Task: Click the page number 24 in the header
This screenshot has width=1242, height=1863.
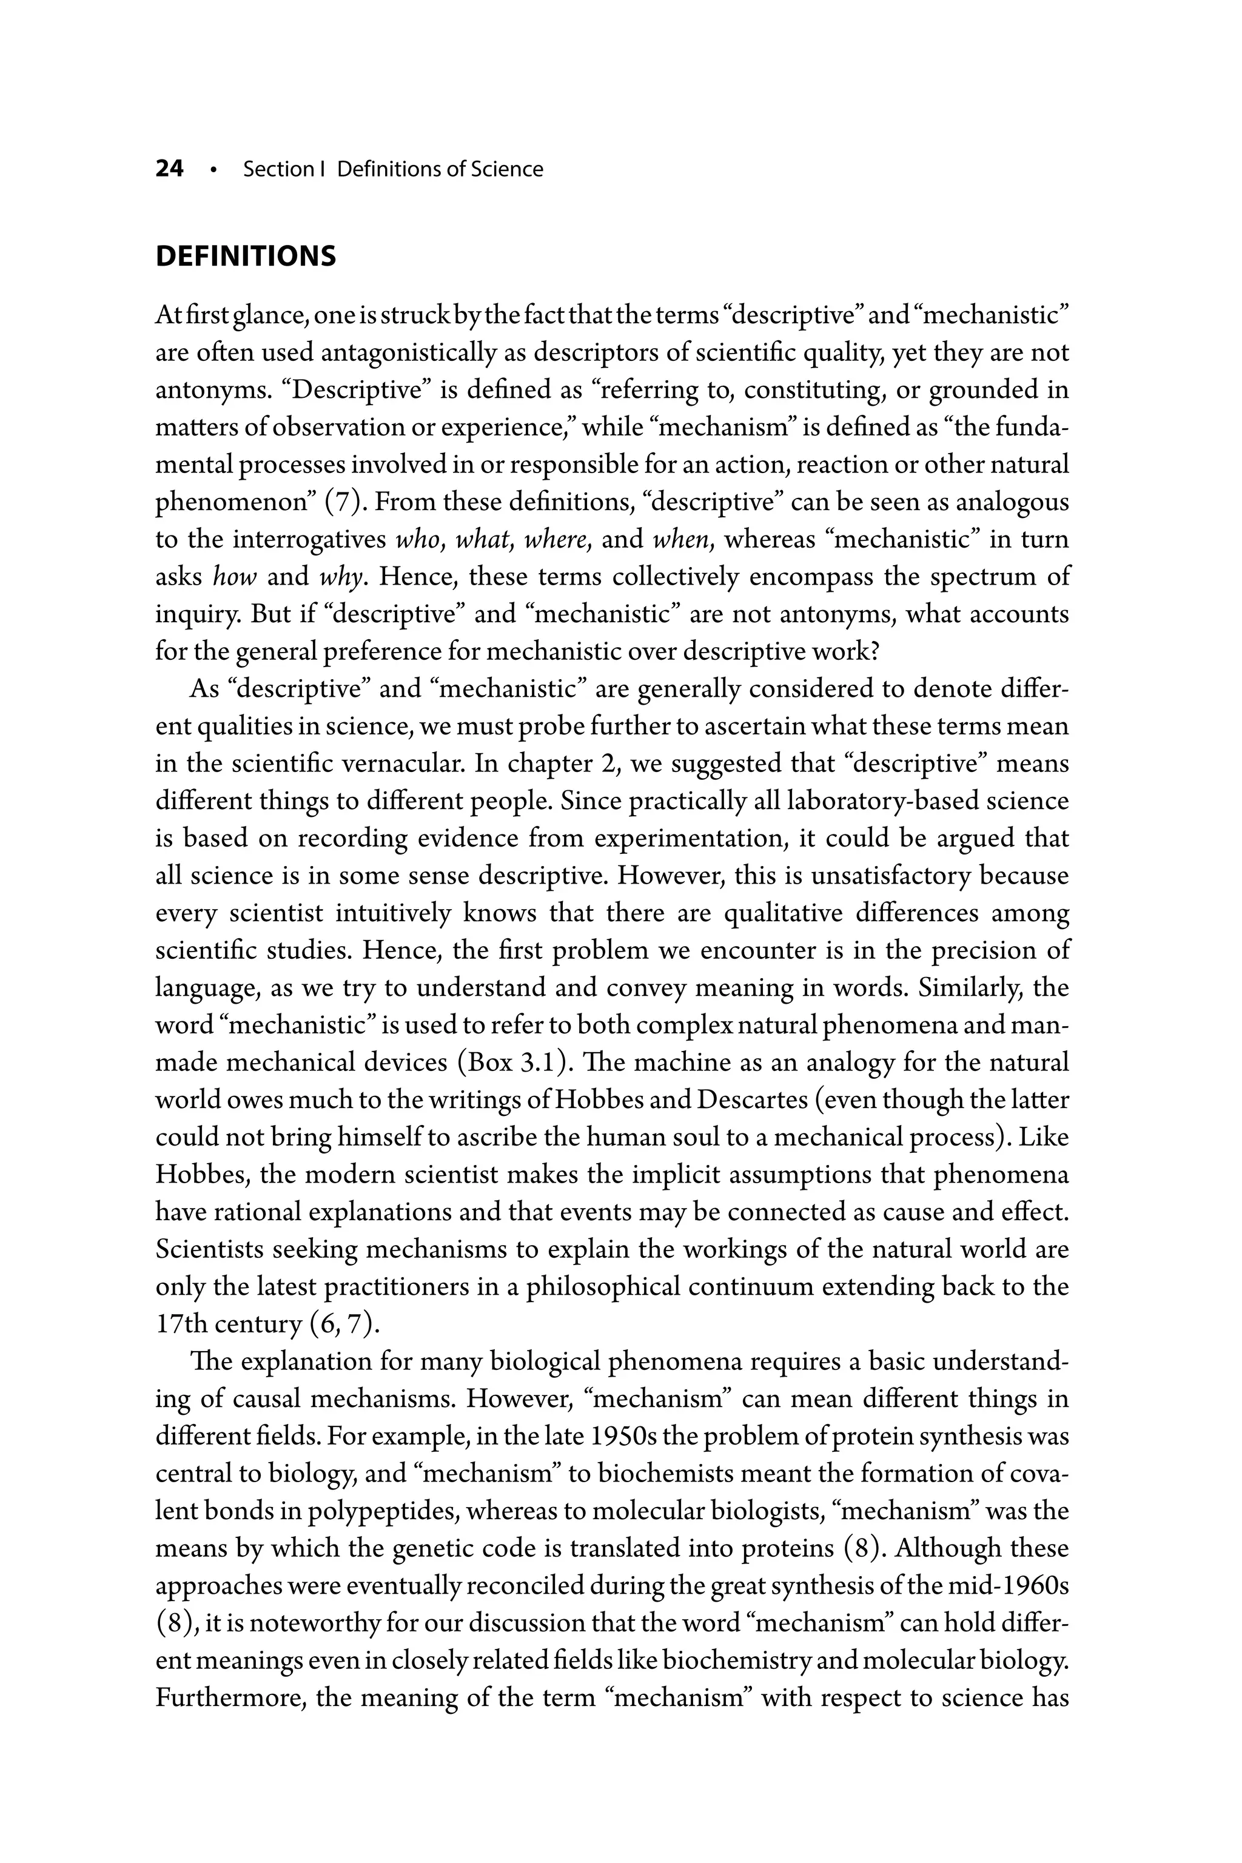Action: click(x=170, y=169)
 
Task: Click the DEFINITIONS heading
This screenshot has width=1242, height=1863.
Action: click(x=246, y=257)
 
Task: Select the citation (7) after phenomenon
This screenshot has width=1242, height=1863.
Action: click(x=341, y=502)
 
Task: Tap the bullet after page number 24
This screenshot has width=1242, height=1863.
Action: click(x=213, y=170)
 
